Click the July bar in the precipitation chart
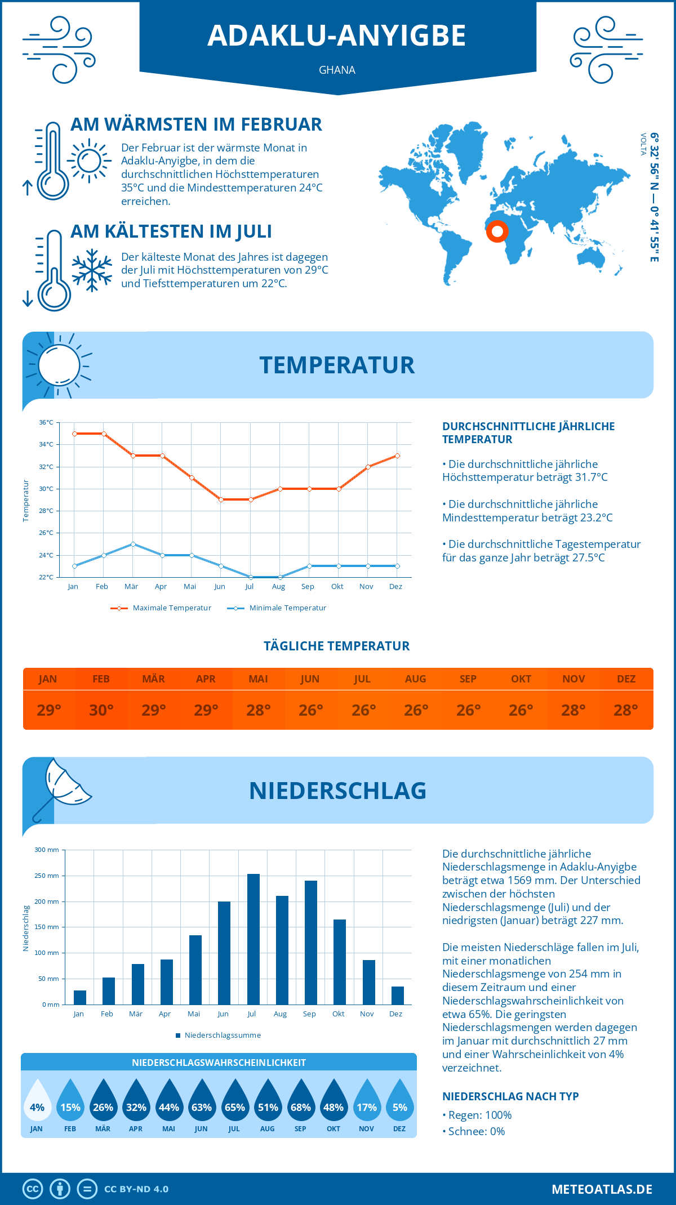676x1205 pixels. click(x=253, y=939)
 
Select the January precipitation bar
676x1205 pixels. click(x=80, y=997)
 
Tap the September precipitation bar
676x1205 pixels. click(x=311, y=942)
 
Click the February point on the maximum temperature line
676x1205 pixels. click(x=104, y=434)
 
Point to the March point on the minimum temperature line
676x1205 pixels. click(x=133, y=544)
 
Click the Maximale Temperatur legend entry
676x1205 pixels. click(x=161, y=608)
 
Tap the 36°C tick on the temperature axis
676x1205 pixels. click(x=46, y=422)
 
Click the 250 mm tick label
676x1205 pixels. click(x=47, y=876)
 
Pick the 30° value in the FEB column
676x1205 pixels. click(x=101, y=710)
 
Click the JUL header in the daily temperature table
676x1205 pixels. click(x=362, y=679)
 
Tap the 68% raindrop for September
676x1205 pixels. click(x=301, y=1101)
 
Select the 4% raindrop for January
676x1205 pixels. click(x=37, y=1101)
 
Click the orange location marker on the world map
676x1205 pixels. click(x=497, y=231)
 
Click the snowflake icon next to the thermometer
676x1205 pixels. click(x=92, y=270)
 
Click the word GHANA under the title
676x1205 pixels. click(x=337, y=70)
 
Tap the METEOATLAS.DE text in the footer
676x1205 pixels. click(x=602, y=1189)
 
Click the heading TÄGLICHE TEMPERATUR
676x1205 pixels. click(x=337, y=646)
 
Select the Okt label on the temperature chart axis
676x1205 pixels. click(x=337, y=587)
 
